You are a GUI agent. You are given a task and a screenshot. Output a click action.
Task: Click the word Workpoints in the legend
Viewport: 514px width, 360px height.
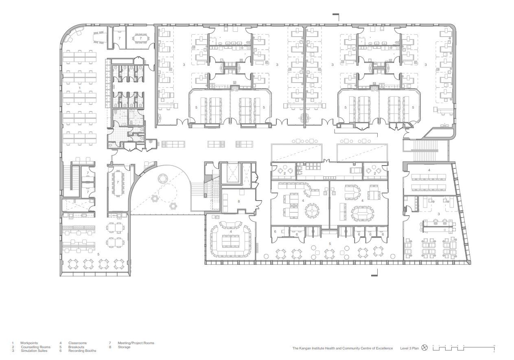pos(29,343)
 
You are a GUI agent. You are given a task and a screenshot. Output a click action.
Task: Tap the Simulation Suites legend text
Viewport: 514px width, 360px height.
pos(34,351)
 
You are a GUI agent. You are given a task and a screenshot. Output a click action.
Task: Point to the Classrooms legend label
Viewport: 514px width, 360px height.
pos(77,343)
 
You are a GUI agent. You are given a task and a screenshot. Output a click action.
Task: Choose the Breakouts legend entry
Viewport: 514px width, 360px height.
pos(77,347)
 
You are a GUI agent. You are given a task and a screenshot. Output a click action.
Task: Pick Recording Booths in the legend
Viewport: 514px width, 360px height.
pos(82,351)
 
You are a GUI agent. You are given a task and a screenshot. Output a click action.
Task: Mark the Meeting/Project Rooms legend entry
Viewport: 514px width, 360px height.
pos(136,343)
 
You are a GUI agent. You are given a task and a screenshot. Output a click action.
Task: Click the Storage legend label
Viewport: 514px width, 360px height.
pos(124,347)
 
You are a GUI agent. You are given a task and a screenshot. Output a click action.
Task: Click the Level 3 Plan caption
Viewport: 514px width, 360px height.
pos(409,348)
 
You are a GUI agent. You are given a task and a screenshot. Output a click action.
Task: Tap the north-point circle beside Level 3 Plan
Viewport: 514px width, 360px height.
pos(425,348)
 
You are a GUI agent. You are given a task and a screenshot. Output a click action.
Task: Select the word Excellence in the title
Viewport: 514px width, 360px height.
pos(385,348)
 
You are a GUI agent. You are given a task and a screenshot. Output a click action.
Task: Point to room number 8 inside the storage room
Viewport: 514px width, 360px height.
pos(239,201)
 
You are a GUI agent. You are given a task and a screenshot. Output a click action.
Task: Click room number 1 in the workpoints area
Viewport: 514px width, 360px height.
pos(80,88)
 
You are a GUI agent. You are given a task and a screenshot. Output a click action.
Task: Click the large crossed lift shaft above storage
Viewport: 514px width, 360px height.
pos(230,173)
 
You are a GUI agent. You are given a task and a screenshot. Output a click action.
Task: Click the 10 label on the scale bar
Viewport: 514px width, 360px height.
pos(494,345)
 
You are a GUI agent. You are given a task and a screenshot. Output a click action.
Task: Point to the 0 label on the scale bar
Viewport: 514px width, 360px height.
pos(433,345)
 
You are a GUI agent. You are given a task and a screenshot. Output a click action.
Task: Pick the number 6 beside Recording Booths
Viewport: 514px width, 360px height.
pos(60,351)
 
